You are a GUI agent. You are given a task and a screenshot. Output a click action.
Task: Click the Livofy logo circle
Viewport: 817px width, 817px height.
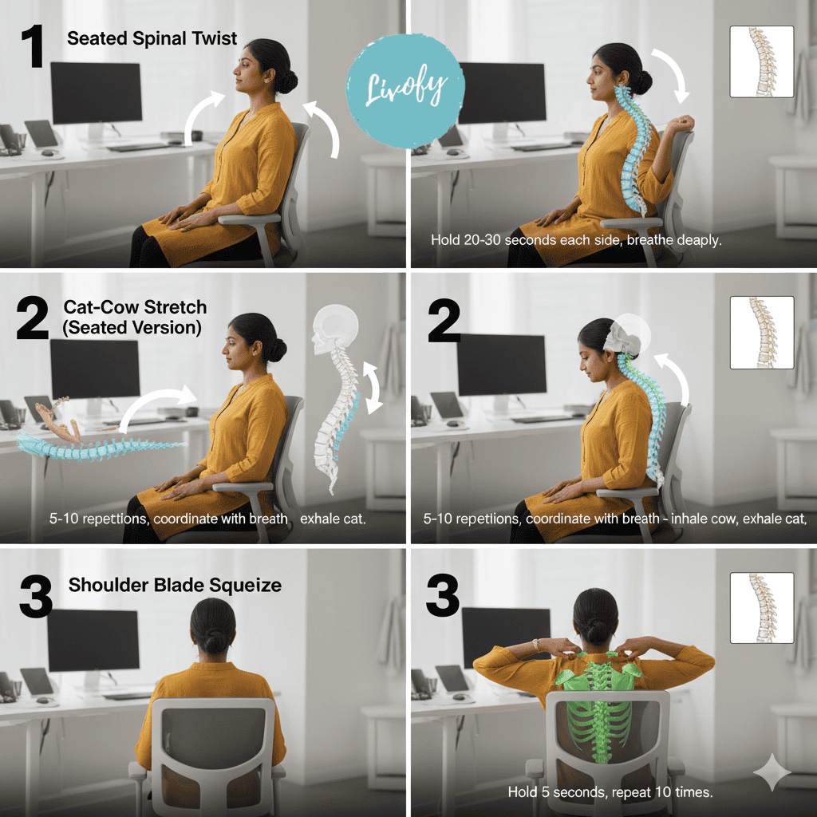click(x=405, y=91)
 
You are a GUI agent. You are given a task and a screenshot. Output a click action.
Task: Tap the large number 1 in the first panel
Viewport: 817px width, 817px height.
click(x=34, y=47)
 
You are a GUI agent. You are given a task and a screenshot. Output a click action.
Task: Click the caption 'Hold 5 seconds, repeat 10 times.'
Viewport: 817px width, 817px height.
click(x=610, y=792)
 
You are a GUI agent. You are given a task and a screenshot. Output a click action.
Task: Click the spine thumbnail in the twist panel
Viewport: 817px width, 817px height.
click(x=762, y=61)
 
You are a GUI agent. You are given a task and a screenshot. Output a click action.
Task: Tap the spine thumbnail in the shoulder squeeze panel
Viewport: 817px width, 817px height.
click(x=762, y=607)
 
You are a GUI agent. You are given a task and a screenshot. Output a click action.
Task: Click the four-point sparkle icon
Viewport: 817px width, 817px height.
click(x=772, y=772)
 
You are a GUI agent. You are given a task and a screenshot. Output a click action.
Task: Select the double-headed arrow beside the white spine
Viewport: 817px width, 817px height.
click(x=372, y=389)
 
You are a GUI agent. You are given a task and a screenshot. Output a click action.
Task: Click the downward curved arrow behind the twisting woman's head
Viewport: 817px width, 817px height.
click(x=675, y=74)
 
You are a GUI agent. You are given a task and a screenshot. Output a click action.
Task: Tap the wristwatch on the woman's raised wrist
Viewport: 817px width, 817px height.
click(x=535, y=645)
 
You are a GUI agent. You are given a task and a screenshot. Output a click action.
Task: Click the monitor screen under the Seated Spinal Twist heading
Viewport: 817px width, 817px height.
click(x=97, y=93)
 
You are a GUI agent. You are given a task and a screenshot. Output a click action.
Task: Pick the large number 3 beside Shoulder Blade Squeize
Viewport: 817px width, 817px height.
click(x=35, y=597)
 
